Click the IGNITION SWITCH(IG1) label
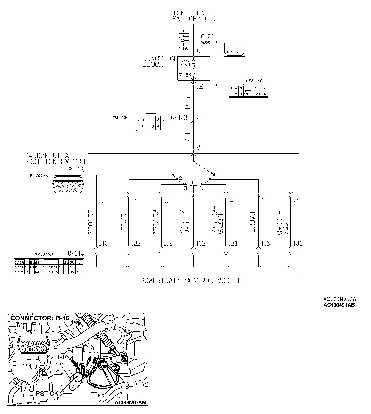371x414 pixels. click(194, 16)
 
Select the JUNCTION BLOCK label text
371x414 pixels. click(159, 62)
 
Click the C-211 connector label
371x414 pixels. click(209, 37)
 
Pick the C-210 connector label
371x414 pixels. click(215, 86)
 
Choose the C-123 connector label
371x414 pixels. click(179, 118)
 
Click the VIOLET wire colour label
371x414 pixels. click(91, 222)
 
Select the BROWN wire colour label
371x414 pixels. click(252, 222)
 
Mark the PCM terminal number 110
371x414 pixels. click(103, 243)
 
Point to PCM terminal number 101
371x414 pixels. click(298, 243)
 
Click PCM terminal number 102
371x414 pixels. click(200, 243)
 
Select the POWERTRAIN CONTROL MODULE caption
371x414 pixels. click(191, 281)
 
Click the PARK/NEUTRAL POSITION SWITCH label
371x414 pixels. click(55, 159)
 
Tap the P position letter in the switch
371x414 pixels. click(216, 172)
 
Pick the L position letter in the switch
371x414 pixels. click(172, 172)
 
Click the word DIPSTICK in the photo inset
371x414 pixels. click(44, 394)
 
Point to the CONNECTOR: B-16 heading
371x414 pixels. click(40, 318)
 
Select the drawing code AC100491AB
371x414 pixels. click(339, 305)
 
